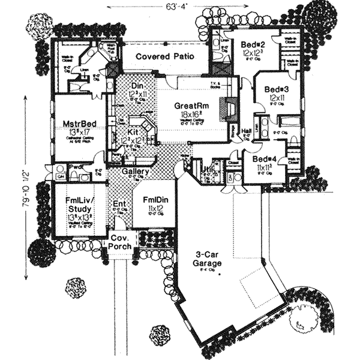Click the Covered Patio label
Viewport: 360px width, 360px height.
160,56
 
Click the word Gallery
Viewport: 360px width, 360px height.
136,173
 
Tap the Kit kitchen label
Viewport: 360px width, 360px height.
133,130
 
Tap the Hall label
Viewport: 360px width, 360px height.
247,131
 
